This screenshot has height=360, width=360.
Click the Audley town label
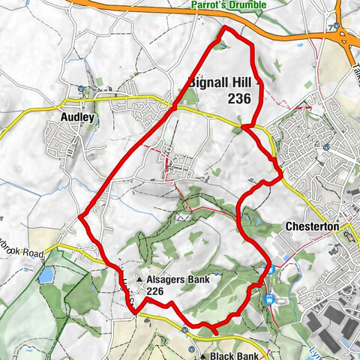pyautogui.click(x=75, y=117)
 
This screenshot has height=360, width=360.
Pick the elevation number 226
pyautogui.click(x=156, y=292)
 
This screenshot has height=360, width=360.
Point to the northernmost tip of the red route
pyautogui.click(x=227, y=28)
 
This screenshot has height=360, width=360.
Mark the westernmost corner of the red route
pyautogui.click(x=79, y=217)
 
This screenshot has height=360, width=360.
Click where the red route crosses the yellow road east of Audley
pyautogui.click(x=174, y=107)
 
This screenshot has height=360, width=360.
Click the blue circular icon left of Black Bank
pyautogui.click(x=184, y=328)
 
